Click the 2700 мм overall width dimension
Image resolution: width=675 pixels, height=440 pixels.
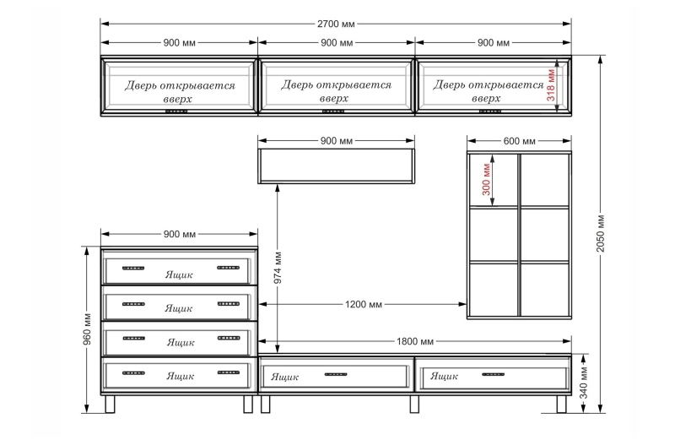(336, 24)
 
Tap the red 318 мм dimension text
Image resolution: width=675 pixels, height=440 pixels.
(551, 85)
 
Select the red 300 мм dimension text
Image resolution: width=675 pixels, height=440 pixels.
(487, 179)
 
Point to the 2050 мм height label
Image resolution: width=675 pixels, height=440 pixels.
(601, 233)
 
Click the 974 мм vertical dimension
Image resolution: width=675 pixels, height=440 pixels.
(278, 268)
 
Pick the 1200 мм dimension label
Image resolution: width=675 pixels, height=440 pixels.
(364, 304)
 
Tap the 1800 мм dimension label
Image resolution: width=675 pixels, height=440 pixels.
(415, 341)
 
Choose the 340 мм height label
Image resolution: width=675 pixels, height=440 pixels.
(583, 383)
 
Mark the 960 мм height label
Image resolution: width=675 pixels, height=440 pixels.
(87, 330)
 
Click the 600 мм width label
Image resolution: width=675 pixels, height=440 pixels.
(519, 141)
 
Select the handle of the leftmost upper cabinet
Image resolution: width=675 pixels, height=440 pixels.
(176, 111)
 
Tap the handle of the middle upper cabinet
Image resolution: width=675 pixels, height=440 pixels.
(333, 111)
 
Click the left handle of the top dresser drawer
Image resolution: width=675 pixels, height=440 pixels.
(133, 268)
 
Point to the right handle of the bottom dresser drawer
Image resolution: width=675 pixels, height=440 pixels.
(228, 372)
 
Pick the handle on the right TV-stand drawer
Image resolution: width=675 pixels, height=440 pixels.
(493, 374)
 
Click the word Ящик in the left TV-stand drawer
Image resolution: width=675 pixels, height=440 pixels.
(284, 377)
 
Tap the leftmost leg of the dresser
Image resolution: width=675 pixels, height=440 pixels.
(111, 404)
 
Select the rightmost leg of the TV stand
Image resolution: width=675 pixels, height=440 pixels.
(561, 404)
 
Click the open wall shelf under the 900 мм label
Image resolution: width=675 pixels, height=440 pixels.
(336, 166)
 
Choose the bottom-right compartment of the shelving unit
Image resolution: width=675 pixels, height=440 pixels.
(545, 289)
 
